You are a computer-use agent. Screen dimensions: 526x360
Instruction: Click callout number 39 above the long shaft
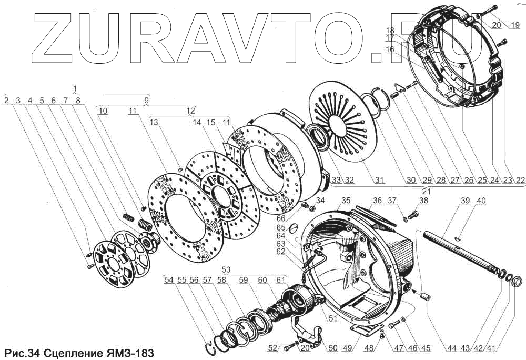[x=465, y=201]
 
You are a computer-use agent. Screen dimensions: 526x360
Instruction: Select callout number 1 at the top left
[x=75, y=88]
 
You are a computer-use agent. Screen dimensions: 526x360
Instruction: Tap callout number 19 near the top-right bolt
[x=513, y=25]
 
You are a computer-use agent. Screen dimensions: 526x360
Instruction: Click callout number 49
[x=347, y=348]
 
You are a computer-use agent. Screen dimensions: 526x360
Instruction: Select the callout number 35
[x=346, y=201]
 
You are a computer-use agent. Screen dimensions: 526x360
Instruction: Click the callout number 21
[x=427, y=190]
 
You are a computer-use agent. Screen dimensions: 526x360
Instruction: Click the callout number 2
[x=6, y=100]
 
